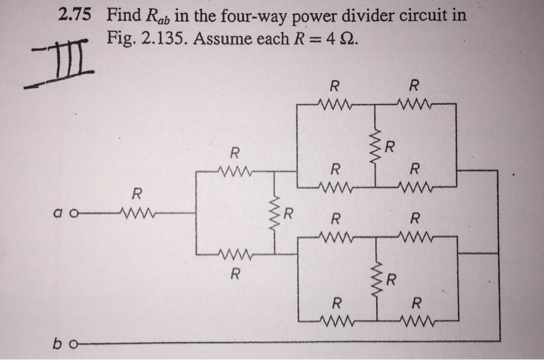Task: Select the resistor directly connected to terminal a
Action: click(x=138, y=210)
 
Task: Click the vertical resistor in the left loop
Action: click(x=274, y=211)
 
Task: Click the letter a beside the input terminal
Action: click(x=58, y=211)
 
